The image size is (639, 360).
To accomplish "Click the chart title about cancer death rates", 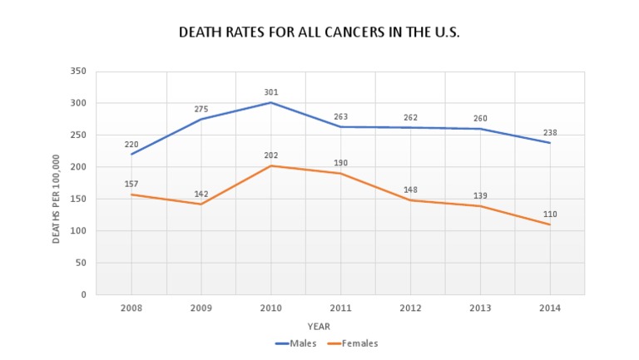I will (x=319, y=33).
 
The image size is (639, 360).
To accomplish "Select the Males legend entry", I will (x=297, y=343).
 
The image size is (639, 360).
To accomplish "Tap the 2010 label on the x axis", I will (x=271, y=308).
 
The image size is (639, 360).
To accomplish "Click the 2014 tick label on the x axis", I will (x=550, y=308).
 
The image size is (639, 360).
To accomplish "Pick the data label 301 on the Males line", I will (x=271, y=92).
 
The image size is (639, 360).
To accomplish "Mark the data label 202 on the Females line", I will (x=271, y=155).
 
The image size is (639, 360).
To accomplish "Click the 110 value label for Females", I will (x=550, y=214).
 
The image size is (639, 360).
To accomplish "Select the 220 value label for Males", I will (x=131, y=144).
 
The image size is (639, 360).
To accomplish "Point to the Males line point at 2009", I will (x=201, y=119).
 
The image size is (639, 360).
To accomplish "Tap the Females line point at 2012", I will (x=410, y=200).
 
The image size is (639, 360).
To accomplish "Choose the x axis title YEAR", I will (x=319, y=326).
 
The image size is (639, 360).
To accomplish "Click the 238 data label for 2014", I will (x=550, y=132).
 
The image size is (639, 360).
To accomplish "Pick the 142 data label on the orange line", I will (x=201, y=194).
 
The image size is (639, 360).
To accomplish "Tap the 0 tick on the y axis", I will (x=84, y=295).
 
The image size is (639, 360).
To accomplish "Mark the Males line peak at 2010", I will (x=271, y=102).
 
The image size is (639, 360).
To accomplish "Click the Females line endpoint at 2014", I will (x=550, y=224).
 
